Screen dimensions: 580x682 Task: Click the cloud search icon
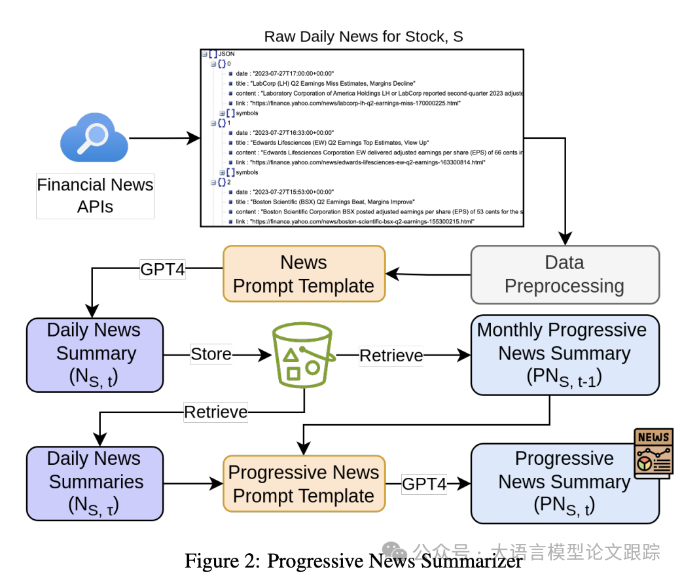(94, 138)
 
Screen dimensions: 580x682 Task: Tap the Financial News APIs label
(95, 196)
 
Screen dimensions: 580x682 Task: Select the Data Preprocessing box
(564, 274)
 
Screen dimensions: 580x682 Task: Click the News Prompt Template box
(304, 274)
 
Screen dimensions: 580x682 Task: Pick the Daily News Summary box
(94, 354)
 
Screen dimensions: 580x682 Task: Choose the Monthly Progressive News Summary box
(564, 354)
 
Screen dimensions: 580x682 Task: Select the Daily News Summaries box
(94, 483)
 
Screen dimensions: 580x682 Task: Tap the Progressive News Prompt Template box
(304, 484)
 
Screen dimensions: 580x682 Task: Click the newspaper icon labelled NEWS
(653, 453)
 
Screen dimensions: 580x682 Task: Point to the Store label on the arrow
(211, 355)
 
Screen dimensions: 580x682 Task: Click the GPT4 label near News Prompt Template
(162, 270)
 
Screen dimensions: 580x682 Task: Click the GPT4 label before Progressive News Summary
(424, 484)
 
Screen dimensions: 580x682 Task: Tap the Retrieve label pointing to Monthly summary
(391, 355)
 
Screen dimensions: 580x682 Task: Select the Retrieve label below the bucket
(216, 412)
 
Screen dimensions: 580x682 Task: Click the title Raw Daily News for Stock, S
(363, 37)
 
